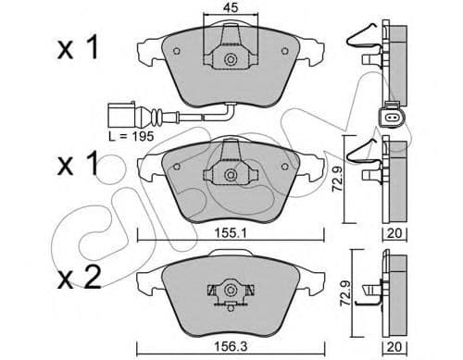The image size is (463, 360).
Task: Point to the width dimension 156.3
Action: [x=230, y=348]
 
